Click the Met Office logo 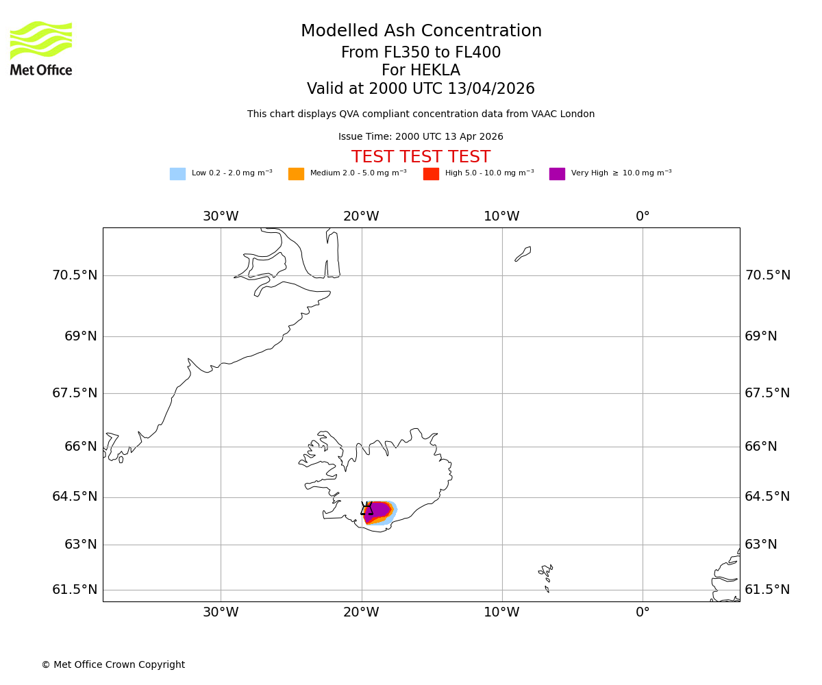pos(41,48)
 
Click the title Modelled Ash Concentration pos(421,32)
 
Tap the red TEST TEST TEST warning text pos(421,157)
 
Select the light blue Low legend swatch pos(177,174)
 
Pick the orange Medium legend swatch pos(296,174)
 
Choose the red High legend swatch pos(431,174)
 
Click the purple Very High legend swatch pos(557,174)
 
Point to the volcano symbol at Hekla pos(367,508)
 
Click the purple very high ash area pos(379,509)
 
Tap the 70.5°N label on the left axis pos(75,275)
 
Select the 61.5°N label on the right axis pos(767,590)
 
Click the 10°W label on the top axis pos(501,216)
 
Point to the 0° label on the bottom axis pos(643,612)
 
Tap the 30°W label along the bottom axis pos(221,612)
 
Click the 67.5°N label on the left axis pos(75,393)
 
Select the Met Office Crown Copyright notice pos(113,665)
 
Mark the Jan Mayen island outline pos(523,253)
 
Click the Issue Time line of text pos(421,137)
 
